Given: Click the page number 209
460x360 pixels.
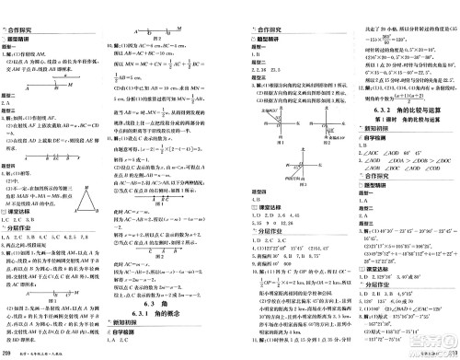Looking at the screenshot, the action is tap(8, 353).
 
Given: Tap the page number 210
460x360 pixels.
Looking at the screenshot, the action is tap(450, 353).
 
